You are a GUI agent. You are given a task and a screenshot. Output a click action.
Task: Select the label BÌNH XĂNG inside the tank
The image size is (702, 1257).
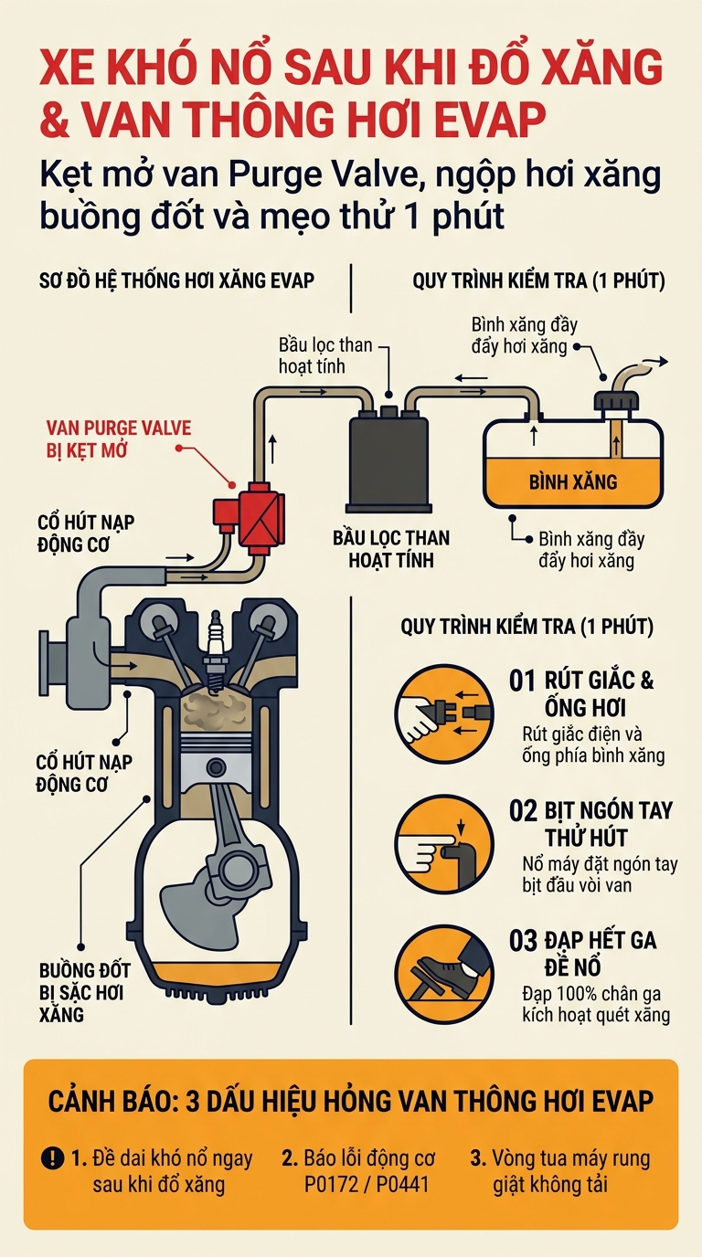(x=573, y=481)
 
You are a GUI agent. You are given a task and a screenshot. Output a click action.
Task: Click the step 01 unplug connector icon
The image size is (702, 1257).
(x=443, y=713)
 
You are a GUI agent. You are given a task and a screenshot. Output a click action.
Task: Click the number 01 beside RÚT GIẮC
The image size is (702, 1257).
(x=522, y=681)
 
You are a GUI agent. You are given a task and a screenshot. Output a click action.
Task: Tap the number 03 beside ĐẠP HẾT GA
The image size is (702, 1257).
(x=523, y=941)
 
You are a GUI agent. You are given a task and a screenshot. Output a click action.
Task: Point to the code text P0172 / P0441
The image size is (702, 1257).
(x=367, y=1184)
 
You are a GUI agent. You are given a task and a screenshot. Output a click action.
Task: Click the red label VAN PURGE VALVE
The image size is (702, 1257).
(x=119, y=428)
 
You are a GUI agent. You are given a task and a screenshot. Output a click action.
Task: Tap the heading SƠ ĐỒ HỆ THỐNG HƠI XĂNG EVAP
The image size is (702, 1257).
(x=176, y=280)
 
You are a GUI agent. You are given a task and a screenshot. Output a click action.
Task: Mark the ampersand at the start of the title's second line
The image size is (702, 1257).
(x=55, y=119)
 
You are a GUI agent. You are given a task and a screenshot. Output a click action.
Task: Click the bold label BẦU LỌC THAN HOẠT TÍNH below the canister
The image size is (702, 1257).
(x=391, y=549)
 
